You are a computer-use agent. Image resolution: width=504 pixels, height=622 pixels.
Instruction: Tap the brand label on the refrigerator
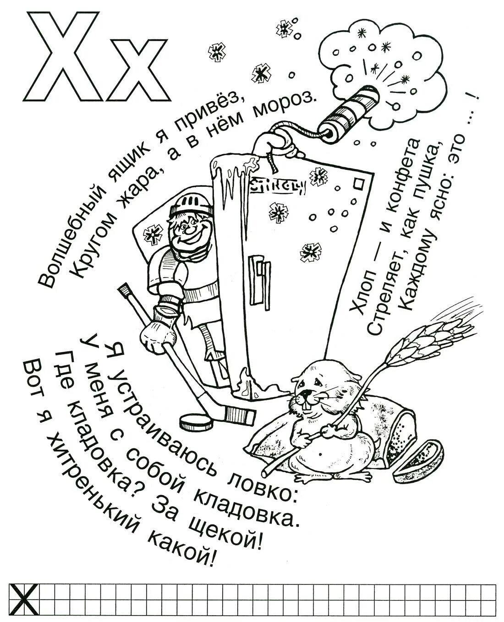click(277, 186)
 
